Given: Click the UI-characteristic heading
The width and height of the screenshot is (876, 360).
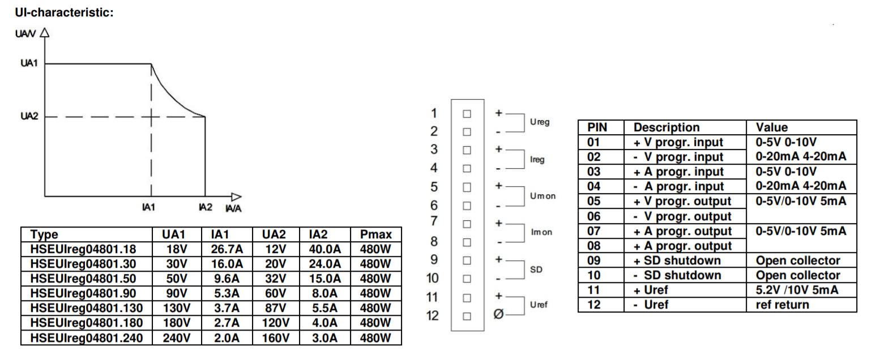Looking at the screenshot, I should tap(65, 12).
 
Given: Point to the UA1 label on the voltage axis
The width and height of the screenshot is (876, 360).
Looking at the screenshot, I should tap(29, 63).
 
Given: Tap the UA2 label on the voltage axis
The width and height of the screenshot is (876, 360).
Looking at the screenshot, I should tap(29, 117).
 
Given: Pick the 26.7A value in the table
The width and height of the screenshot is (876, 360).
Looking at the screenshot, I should tap(227, 250).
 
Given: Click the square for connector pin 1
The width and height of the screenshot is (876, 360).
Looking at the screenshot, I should tap(467, 113).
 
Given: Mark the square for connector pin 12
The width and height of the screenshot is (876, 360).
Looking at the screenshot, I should tap(467, 316).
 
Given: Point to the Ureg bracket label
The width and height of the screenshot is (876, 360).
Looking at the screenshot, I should tap(539, 122).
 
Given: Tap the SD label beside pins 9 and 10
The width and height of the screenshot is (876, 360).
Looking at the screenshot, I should tap(536, 269).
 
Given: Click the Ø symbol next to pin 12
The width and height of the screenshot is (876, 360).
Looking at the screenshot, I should tap(498, 315).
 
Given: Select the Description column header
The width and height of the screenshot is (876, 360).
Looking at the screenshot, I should tap(666, 127).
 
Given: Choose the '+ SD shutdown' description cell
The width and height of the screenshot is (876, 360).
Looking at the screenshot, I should tap(677, 260).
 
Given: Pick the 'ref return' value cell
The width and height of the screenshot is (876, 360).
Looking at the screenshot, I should tap(783, 305).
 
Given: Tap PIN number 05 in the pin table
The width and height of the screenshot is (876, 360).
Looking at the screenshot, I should tap(593, 202).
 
